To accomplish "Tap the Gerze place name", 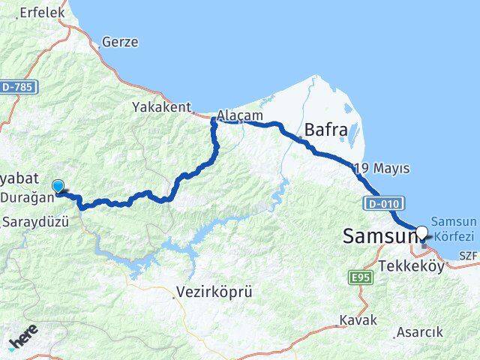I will pos(121,42).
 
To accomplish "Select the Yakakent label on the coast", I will pos(161,106).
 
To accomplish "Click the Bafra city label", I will pos(325,130).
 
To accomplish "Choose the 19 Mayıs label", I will pos(383,168).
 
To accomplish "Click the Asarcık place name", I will pos(421,331).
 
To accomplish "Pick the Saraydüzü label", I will pos(36,222).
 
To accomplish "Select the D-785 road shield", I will pos(18,88).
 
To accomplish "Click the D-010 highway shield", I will pos(385,202).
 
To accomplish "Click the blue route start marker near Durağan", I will pos(58,185).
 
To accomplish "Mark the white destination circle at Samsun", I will pos(421,232).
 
